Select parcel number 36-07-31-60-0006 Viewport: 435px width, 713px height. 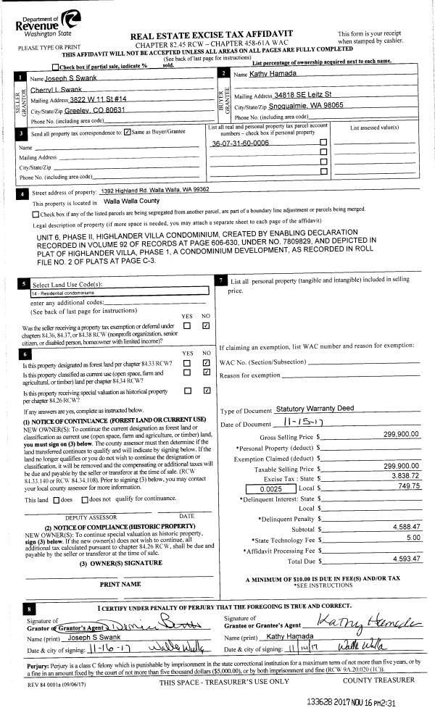click(x=240, y=143)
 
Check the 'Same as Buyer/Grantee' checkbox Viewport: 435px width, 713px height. click(x=128, y=133)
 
